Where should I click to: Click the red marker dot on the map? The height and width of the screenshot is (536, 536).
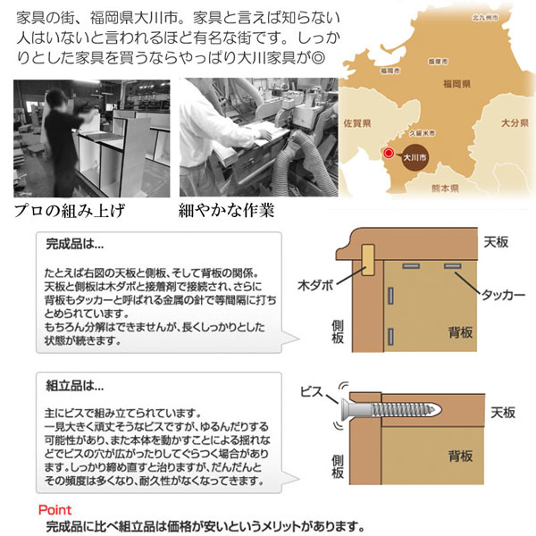(x=388, y=154)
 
